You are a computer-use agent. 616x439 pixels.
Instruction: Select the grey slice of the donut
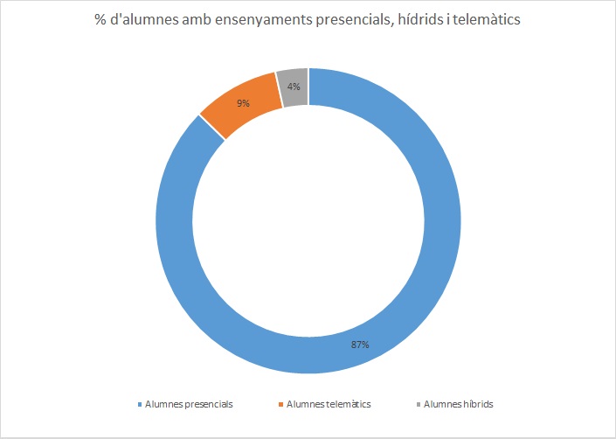294,87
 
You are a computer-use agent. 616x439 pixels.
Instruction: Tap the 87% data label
359,345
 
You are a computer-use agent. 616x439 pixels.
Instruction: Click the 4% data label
294,86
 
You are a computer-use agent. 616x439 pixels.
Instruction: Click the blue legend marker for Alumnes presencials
140,404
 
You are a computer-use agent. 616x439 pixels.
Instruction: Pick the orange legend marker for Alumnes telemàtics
281,404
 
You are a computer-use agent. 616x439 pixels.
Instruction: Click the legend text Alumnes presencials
189,404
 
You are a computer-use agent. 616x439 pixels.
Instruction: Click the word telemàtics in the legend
348,404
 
